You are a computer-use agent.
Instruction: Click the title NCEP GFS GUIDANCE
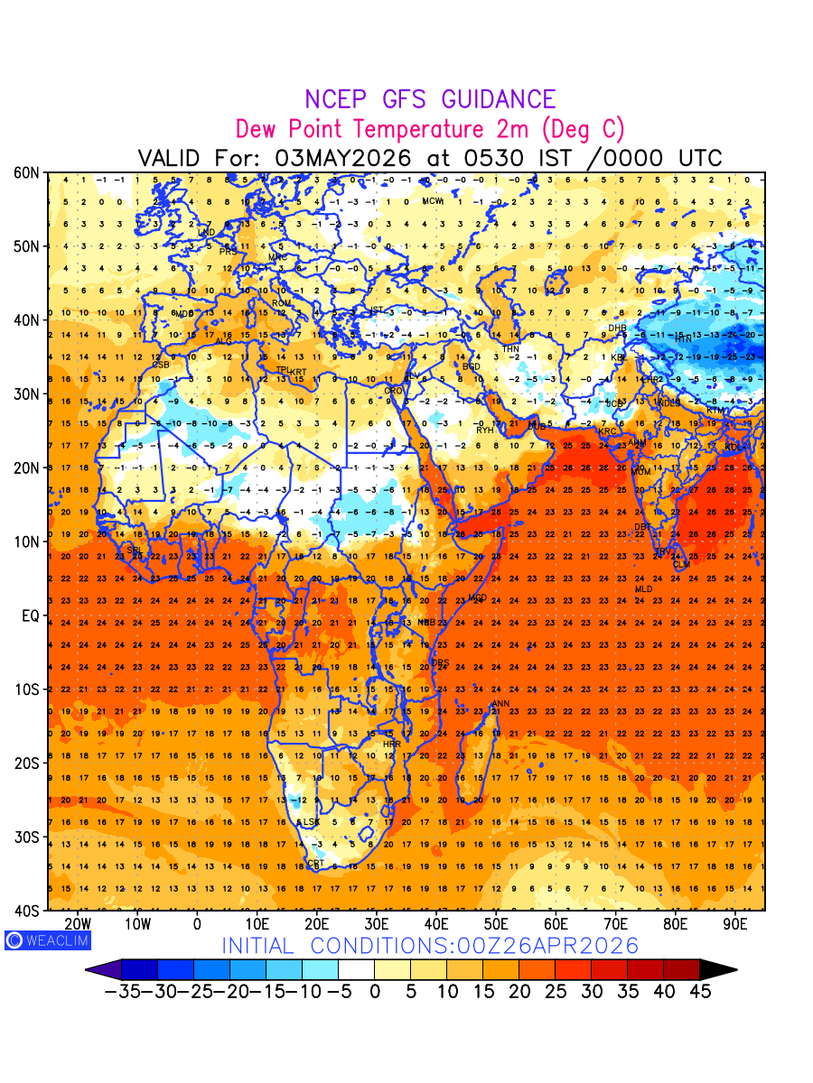pyautogui.click(x=430, y=99)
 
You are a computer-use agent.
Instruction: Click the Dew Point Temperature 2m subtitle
pyautogui.click(x=430, y=128)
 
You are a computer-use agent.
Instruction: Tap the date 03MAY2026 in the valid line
pyautogui.click(x=343, y=158)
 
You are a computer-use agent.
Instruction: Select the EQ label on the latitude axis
pyautogui.click(x=30, y=616)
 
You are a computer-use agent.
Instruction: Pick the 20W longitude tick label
pyautogui.click(x=79, y=924)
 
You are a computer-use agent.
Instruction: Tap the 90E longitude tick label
pyautogui.click(x=735, y=924)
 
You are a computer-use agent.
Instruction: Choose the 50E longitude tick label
pyautogui.click(x=496, y=924)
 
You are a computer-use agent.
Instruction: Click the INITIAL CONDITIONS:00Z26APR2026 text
pyautogui.click(x=430, y=946)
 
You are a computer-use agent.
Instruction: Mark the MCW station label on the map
pyautogui.click(x=433, y=201)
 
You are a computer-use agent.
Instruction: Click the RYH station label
pyautogui.click(x=485, y=430)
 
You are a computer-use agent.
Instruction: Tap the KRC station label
pyautogui.click(x=606, y=431)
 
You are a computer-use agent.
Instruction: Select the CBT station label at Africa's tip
pyautogui.click(x=315, y=864)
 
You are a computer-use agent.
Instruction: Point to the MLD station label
pyautogui.click(x=643, y=589)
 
